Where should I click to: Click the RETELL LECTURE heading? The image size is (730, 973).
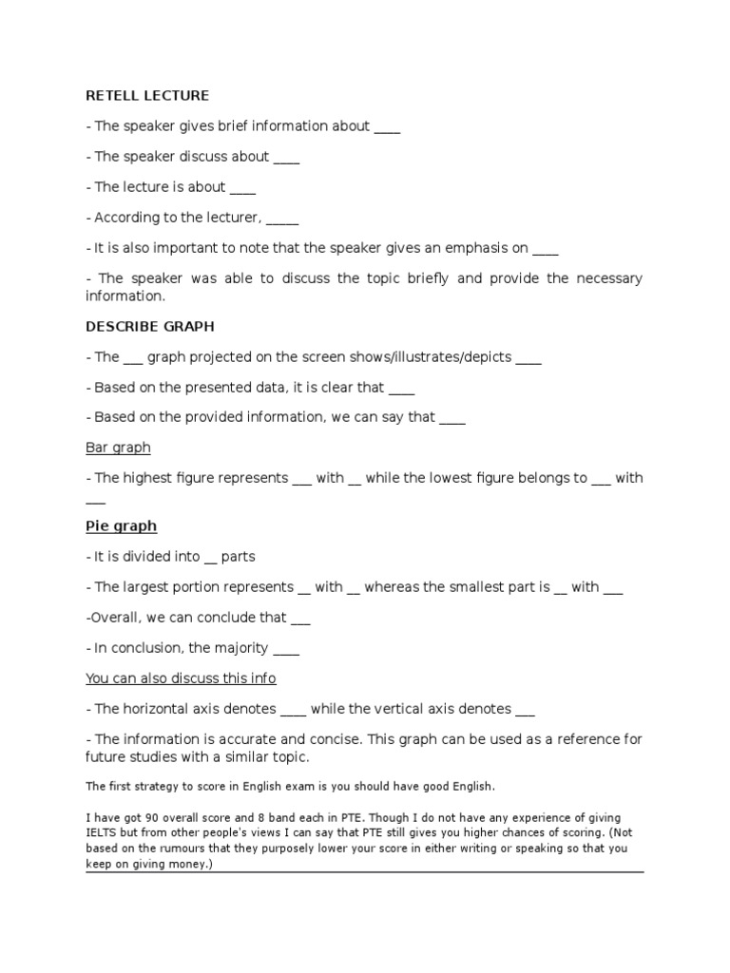pos(147,96)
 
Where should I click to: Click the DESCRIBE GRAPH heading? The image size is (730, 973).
pos(150,326)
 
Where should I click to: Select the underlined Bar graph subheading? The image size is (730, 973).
pos(118,447)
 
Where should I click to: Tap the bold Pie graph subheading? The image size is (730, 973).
pos(121,525)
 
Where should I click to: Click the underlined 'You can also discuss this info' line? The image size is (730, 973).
pos(181,678)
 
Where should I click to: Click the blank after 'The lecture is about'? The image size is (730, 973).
pos(242,188)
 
